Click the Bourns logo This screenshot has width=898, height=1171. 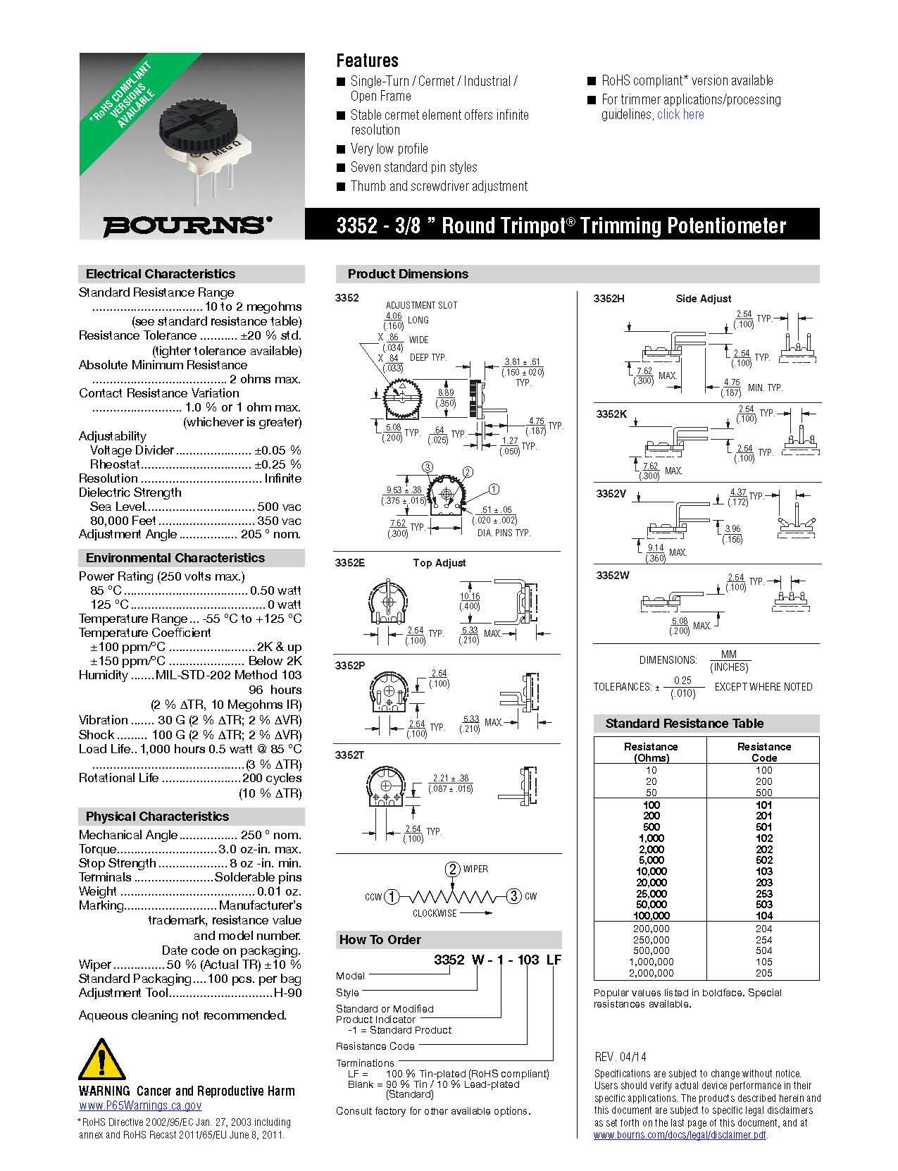click(187, 225)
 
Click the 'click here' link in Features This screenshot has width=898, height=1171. click(680, 115)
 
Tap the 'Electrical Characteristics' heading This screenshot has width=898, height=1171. click(161, 274)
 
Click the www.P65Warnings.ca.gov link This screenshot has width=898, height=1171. click(140, 1106)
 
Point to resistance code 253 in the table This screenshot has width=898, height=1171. click(763, 893)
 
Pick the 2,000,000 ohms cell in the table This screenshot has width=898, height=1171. click(651, 973)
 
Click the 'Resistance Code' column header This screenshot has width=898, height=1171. click(763, 752)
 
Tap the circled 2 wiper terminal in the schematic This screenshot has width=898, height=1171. click(453, 869)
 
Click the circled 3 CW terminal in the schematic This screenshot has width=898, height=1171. click(514, 896)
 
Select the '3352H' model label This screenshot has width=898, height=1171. click(609, 299)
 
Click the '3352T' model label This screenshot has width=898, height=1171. click(350, 755)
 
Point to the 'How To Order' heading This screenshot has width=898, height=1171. click(380, 940)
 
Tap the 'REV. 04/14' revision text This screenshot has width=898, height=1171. click(621, 1056)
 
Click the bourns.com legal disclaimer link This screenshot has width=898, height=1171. click(680, 1134)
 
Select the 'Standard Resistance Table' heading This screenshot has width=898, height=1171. click(684, 724)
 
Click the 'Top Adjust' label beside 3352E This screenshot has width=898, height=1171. click(439, 563)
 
